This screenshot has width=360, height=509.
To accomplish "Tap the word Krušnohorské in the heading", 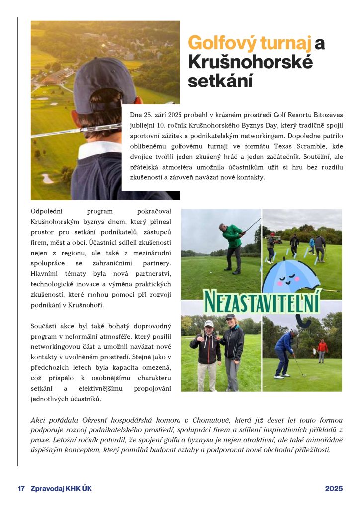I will (250, 62).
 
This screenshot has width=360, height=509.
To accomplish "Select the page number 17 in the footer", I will (21, 489).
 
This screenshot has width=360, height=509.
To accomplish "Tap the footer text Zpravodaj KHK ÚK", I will (61, 489).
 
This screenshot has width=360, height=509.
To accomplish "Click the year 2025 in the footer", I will (334, 489).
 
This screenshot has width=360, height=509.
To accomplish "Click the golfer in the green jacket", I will (232, 244).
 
